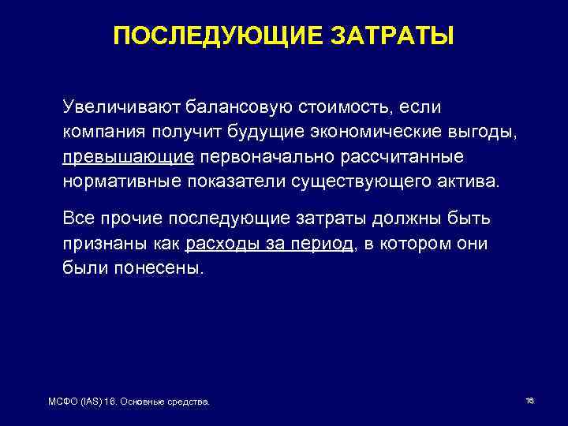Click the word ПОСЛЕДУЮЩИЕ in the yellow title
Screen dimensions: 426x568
click(x=209, y=36)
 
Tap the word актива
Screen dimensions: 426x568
click(x=466, y=183)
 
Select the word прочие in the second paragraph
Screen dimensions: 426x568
click(x=132, y=217)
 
